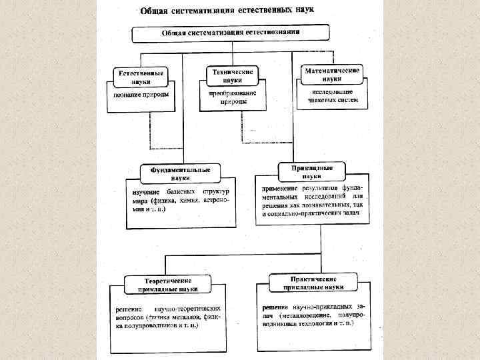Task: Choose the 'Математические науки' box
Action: tap(332, 73)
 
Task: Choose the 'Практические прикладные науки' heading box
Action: tap(313, 282)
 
